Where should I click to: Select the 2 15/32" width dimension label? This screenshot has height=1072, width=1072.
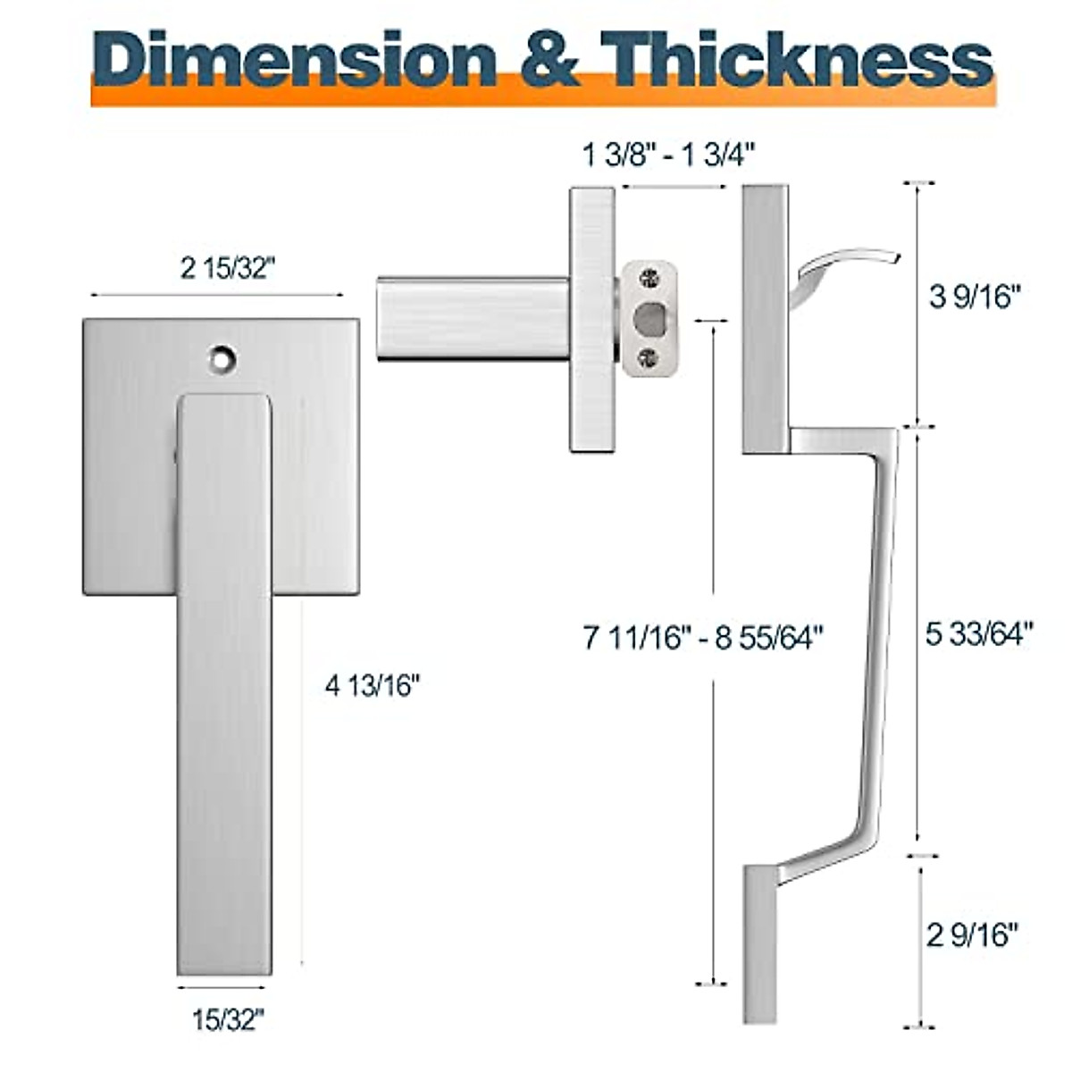[224, 268]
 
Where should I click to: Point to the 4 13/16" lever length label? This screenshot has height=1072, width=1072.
[372, 686]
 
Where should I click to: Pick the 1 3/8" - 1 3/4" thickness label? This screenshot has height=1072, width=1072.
[669, 155]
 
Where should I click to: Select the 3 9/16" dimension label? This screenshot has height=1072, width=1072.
[974, 297]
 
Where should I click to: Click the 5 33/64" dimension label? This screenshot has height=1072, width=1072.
[978, 634]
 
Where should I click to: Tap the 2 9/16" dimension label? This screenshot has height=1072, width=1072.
[973, 935]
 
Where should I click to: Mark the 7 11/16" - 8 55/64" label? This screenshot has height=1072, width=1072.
[703, 638]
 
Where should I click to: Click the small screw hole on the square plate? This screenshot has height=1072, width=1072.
[220, 359]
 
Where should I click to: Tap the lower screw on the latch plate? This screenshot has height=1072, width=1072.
[650, 358]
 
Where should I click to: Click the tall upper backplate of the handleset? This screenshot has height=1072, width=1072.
[766, 318]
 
